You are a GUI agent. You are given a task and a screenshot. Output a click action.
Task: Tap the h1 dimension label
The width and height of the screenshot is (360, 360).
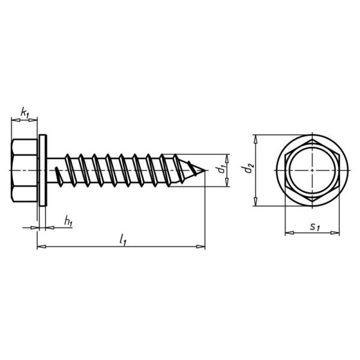pos(68,222)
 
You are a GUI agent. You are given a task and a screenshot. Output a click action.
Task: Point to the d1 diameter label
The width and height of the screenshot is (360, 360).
pos(223,170)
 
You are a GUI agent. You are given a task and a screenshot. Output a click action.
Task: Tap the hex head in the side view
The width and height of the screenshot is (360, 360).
pos(25,171)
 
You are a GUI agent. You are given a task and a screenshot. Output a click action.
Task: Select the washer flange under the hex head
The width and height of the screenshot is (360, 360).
pos(43,171)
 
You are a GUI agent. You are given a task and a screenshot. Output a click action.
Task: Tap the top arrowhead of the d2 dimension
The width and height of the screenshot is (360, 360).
pos(256,137)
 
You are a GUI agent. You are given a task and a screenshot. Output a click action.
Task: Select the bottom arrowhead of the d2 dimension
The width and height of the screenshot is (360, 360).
pos(256,205)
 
